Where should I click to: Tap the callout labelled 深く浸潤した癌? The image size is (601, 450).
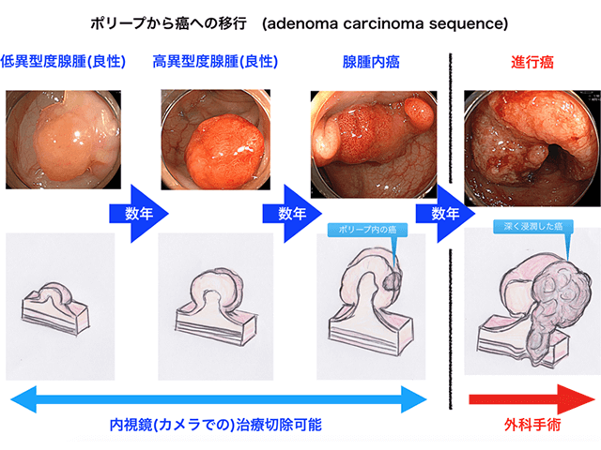pyautogui.click(x=532, y=226)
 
